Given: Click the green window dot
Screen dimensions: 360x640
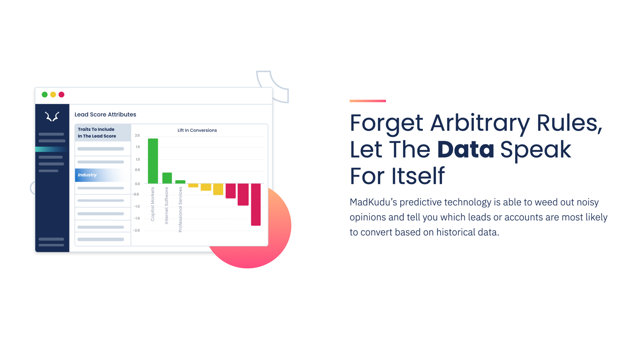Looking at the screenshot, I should (x=45, y=95).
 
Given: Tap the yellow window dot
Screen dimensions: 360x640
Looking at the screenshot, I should (x=53, y=95).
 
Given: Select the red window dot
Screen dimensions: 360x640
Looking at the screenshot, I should (x=62, y=95).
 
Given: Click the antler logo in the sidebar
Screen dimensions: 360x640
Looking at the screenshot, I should (x=52, y=116).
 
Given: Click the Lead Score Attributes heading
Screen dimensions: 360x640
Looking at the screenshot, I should (x=105, y=114).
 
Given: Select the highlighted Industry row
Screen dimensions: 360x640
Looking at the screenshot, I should (x=102, y=175).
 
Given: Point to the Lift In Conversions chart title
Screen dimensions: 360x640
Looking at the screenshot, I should (x=197, y=130).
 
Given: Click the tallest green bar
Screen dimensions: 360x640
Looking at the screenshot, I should (x=153, y=161).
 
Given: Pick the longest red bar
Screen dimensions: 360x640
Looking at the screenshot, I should (x=256, y=204).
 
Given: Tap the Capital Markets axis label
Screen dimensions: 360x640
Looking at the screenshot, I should (x=152, y=204).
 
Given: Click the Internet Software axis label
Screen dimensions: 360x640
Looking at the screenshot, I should (x=166, y=205).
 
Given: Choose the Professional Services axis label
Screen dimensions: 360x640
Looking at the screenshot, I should (x=180, y=209).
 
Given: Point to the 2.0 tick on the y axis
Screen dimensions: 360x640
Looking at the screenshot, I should (x=137, y=136).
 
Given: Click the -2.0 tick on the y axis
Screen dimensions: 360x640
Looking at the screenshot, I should (x=136, y=230).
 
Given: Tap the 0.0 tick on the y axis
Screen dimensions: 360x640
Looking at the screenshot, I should (x=137, y=184).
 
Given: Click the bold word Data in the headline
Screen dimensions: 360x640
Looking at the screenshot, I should (x=465, y=150).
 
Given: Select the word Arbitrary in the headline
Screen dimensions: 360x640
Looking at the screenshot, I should (x=480, y=123).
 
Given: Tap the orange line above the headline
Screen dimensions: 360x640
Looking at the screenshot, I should (x=368, y=101).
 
